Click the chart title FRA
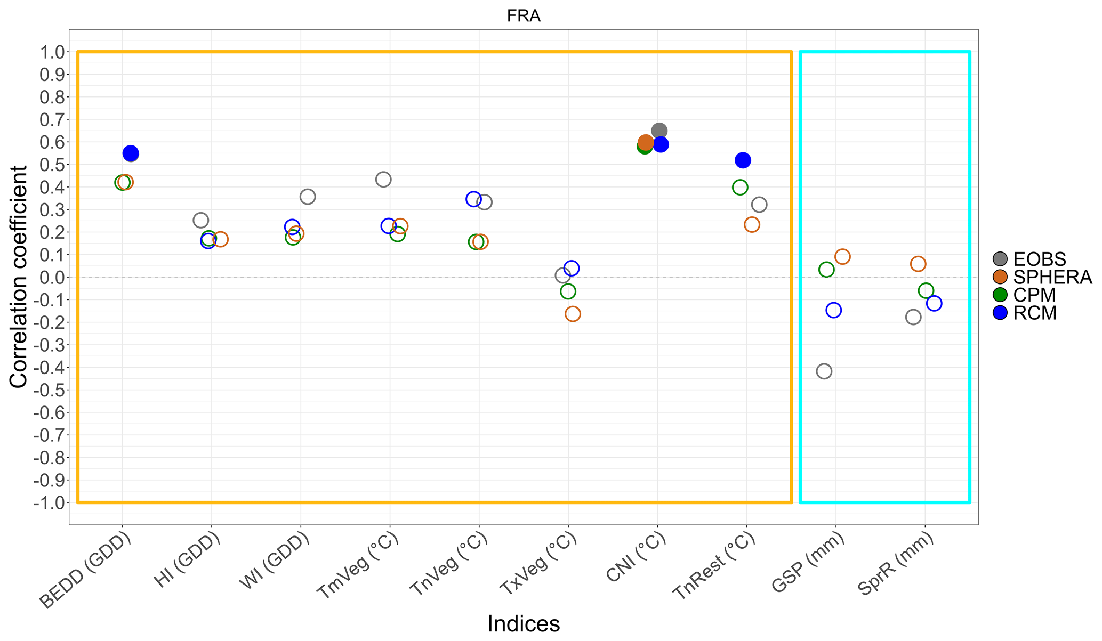(x=524, y=16)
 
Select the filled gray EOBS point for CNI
(x=659, y=131)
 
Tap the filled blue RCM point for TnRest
(x=743, y=160)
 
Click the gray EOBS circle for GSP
(x=824, y=371)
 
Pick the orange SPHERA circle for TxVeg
(x=573, y=314)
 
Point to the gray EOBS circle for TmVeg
(x=383, y=179)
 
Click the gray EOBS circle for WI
(x=308, y=197)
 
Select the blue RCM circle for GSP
(x=833, y=310)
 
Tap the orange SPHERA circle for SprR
(x=918, y=264)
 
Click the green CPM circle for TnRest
(x=740, y=187)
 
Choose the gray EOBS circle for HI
(x=201, y=220)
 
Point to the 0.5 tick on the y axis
(x=51, y=165)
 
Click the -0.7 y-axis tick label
(x=49, y=435)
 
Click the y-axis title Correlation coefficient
(x=19, y=277)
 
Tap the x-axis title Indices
(x=524, y=624)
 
